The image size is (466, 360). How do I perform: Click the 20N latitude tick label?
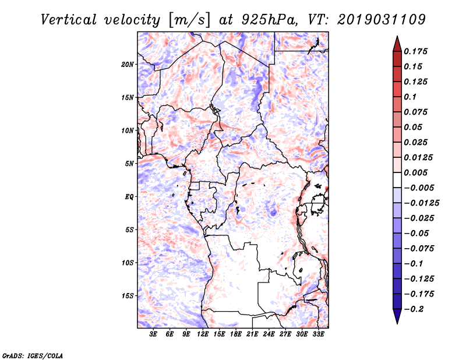[128, 64]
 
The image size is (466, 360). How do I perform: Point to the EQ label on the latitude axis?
[129, 196]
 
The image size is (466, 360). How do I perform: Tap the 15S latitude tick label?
[128, 295]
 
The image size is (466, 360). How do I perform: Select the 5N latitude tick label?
[129, 163]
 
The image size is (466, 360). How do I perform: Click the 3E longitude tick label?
[154, 335]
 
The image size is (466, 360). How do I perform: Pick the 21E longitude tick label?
[252, 335]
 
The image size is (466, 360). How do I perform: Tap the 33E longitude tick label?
[318, 335]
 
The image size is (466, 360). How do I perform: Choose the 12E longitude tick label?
[203, 335]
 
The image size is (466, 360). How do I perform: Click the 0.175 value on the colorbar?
[417, 51]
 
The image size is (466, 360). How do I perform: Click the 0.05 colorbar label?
[414, 127]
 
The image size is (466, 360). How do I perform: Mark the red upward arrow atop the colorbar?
[397, 43]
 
